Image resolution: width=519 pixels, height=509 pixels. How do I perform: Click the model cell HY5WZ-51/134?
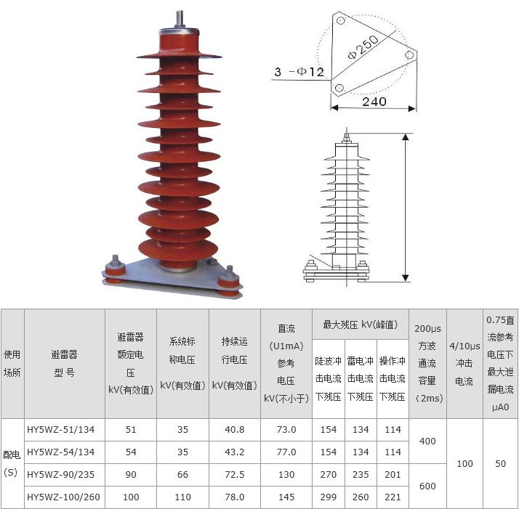(60, 430)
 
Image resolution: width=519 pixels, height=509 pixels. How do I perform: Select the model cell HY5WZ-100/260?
(63, 497)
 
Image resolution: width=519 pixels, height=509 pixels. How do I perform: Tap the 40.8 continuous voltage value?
(234, 430)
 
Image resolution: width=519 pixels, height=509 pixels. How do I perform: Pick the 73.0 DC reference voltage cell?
(286, 430)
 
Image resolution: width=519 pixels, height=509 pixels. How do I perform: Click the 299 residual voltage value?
(328, 497)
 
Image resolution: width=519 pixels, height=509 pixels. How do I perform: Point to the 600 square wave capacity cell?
(427, 486)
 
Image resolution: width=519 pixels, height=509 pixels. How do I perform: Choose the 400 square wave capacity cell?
(427, 441)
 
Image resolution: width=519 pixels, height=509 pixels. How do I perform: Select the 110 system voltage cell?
(182, 497)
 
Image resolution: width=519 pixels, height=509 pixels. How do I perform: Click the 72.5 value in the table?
(234, 475)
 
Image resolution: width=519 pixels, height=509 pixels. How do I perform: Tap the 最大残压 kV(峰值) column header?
(360, 325)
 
